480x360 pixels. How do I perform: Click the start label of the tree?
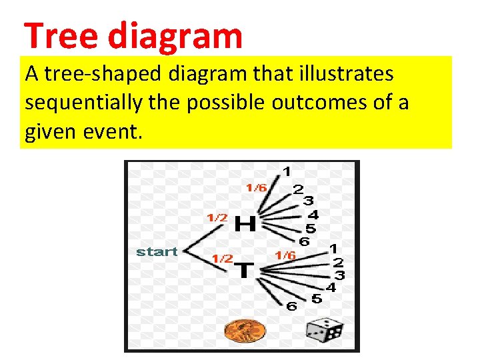pos(157,251)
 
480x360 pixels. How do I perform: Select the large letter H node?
pos(245,223)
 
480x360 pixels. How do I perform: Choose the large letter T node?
pos(245,270)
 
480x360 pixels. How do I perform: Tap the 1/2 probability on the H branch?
pos(217,217)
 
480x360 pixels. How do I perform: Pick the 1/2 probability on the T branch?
pos(222,258)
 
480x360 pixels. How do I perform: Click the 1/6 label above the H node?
pos(256,187)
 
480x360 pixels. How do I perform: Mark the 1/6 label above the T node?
pos(285,255)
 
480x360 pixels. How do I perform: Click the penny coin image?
pos(244,329)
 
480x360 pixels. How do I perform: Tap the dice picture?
pos(325,330)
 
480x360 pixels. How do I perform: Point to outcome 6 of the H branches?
pos(304,241)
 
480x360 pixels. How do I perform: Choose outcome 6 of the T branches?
pos(291,306)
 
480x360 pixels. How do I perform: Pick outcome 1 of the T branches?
pos(331,248)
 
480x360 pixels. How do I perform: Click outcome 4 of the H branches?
pos(313,215)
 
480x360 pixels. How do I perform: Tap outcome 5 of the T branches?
pos(316,299)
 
